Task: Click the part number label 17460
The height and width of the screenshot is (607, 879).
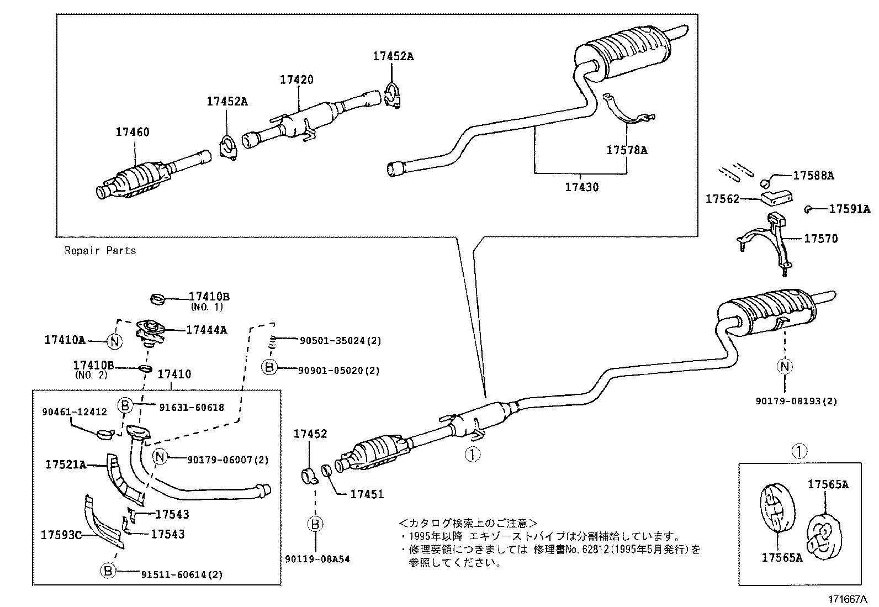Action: [133, 132]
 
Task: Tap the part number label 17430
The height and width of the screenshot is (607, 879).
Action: [581, 187]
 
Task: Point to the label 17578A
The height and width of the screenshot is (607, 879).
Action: [627, 150]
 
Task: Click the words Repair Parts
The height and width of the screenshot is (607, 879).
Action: [100, 251]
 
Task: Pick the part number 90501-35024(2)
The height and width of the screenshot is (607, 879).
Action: [340, 341]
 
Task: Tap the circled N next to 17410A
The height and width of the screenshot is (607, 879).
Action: [114, 341]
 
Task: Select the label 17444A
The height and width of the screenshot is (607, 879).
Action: [206, 330]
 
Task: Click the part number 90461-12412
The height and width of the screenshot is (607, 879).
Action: [75, 411]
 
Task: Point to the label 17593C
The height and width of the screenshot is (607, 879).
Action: [61, 535]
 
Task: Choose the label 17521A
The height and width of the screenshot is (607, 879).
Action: [66, 465]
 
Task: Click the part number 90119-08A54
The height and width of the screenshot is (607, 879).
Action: [317, 559]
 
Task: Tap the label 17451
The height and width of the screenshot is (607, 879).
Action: [367, 494]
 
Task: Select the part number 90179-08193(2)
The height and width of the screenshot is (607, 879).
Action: [796, 401]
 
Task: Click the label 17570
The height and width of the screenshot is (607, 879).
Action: [820, 239]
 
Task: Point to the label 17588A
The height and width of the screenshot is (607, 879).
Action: [813, 176]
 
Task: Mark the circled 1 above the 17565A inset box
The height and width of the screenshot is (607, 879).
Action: [799, 451]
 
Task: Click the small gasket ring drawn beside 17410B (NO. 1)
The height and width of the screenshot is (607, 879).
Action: [158, 299]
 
